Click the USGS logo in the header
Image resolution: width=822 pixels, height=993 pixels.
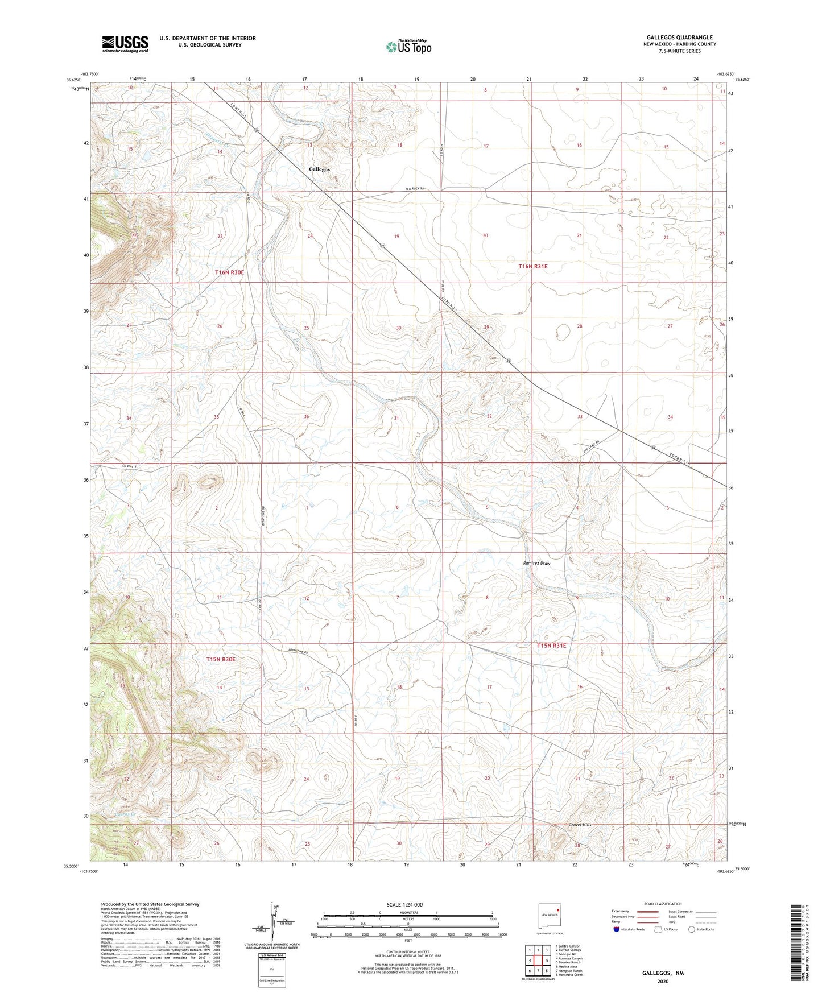click(125, 44)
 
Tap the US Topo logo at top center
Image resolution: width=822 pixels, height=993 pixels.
click(408, 47)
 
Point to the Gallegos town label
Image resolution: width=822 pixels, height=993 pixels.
click(319, 169)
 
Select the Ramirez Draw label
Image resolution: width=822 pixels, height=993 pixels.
click(536, 564)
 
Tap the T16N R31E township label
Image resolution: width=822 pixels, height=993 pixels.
click(532, 266)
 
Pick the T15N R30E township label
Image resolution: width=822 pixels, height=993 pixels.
click(221, 659)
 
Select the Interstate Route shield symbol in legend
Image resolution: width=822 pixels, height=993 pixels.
click(616, 930)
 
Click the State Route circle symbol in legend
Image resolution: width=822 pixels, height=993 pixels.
click(691, 930)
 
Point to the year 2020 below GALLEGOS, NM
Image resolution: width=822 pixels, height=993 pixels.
click(663, 981)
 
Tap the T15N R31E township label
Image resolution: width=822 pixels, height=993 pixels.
click(551, 646)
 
